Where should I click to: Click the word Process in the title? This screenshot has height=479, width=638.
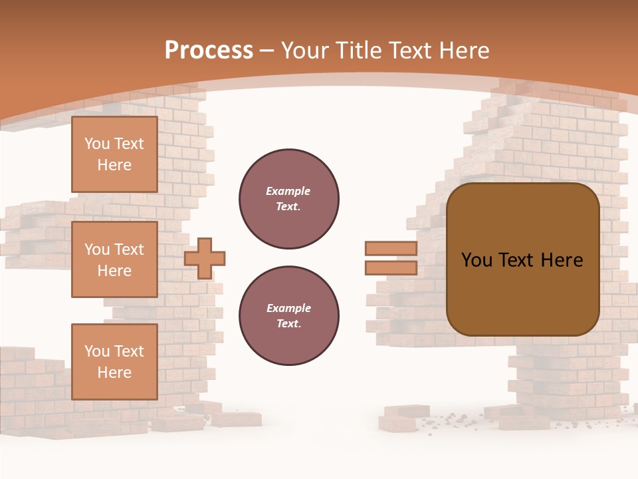point(209,51)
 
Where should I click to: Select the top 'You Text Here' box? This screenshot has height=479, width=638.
point(114,154)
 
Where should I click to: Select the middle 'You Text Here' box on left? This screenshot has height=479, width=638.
point(114,259)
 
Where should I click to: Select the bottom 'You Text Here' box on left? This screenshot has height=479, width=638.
point(114,362)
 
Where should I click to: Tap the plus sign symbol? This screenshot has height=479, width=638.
point(205,258)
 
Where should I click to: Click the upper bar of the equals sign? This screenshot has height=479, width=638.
point(391,248)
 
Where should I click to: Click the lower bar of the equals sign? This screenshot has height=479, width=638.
point(391,267)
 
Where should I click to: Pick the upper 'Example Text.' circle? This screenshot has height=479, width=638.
point(288,199)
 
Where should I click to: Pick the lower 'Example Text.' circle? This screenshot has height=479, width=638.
point(288,316)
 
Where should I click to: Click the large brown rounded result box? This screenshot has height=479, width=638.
point(522,293)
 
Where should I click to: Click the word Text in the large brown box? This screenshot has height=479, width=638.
point(522,260)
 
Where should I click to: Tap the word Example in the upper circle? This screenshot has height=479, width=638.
point(288,191)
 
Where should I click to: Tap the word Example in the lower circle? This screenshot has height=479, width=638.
point(288,308)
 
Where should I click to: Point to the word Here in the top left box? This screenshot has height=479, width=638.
point(114,165)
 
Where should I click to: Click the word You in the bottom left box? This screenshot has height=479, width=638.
point(96,351)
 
